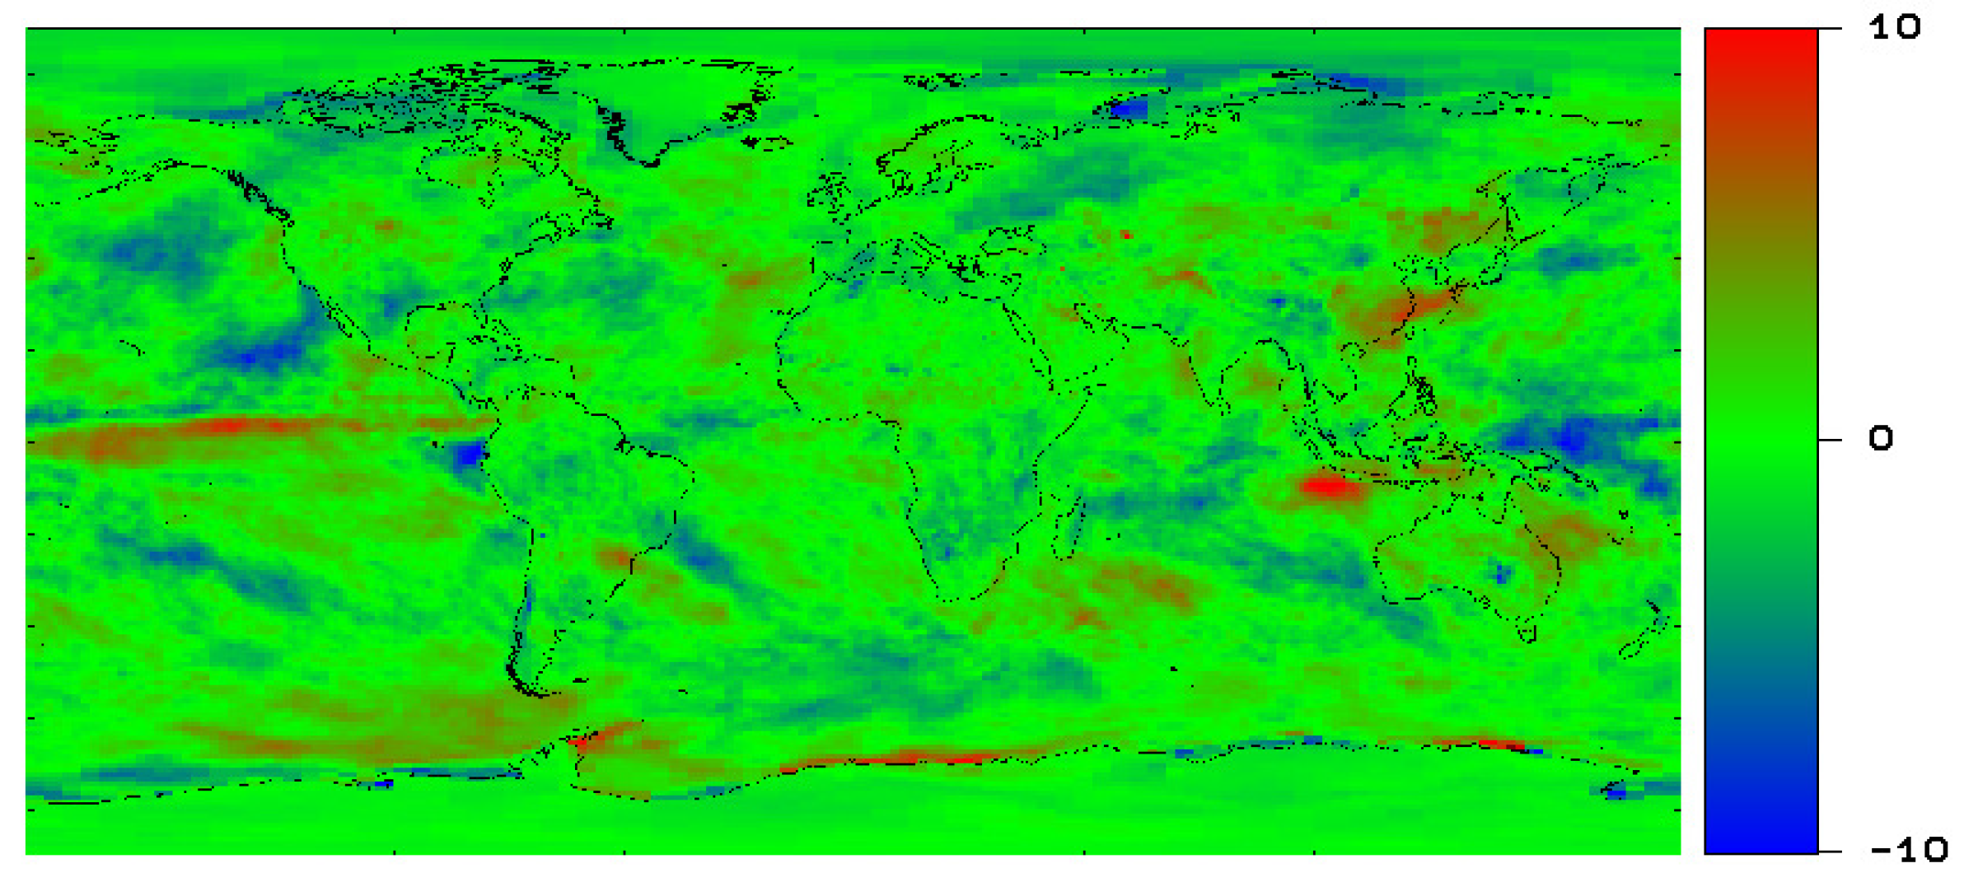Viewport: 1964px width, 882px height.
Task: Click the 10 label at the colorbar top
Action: tap(1895, 27)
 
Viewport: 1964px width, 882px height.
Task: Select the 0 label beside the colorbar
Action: tap(1880, 438)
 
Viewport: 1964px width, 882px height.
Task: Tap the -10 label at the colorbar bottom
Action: tap(1908, 849)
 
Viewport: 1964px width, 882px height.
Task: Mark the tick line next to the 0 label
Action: tap(1829, 440)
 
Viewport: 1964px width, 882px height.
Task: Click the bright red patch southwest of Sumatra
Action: tap(1328, 487)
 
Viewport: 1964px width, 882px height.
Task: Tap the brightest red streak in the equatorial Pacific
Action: tap(231, 425)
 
